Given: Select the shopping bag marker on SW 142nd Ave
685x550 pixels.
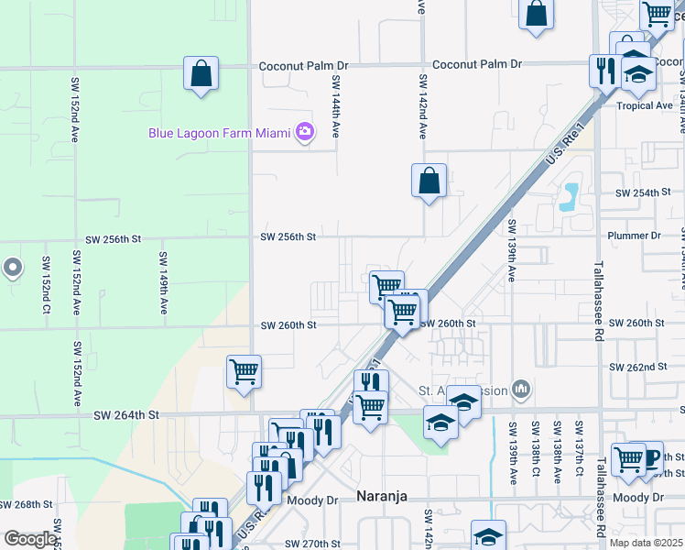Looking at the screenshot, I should [x=429, y=180].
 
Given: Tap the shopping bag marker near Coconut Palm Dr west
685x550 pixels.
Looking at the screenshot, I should [x=201, y=73].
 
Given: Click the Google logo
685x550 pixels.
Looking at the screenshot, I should [x=30, y=539].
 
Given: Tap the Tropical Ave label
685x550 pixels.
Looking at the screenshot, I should [x=645, y=105].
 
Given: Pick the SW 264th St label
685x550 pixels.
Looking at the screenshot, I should [x=126, y=415].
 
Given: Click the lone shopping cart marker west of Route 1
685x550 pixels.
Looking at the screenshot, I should [x=244, y=372].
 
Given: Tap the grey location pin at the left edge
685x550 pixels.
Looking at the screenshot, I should [x=12, y=268].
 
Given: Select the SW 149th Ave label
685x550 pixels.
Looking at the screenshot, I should [x=162, y=283].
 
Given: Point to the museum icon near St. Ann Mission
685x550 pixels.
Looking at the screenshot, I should [x=521, y=390].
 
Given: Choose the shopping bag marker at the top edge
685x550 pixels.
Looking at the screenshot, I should [x=537, y=14].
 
